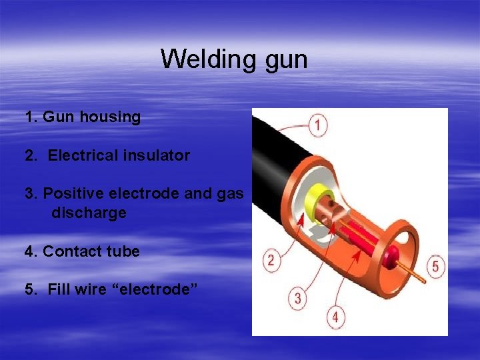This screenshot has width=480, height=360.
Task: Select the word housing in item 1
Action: tap(110, 117)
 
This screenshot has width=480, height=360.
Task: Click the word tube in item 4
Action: tap(123, 252)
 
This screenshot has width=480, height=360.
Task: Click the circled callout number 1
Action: tap(319, 125)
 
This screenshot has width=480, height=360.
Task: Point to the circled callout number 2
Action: tap(271, 260)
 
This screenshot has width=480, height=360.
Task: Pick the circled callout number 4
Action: tap(335, 317)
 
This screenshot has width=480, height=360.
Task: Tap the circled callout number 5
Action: tap(435, 267)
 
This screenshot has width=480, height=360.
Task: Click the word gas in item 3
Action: tap(233, 194)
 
